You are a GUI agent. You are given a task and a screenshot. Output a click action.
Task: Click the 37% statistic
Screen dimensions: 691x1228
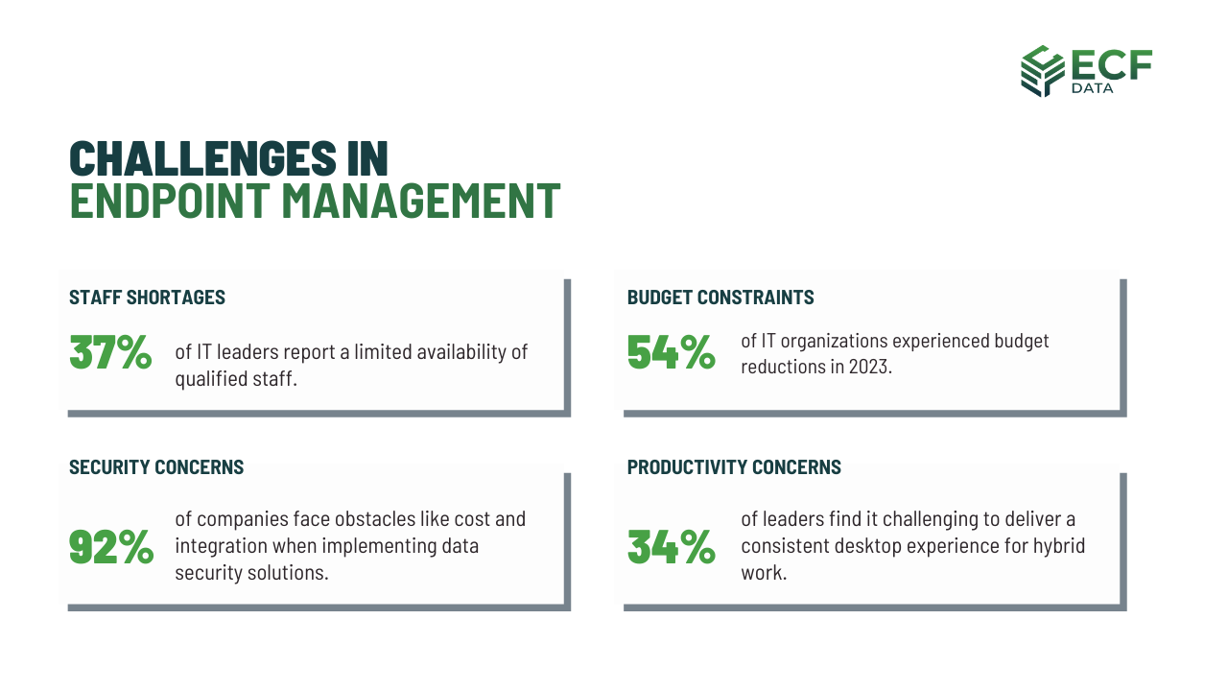pyautogui.click(x=110, y=352)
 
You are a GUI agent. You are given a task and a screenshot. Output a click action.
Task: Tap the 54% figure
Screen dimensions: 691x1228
pyautogui.click(x=671, y=352)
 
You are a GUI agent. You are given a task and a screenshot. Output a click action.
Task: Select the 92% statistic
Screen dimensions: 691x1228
pyautogui.click(x=111, y=546)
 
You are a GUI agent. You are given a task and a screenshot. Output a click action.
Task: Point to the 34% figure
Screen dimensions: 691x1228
pyautogui.click(x=671, y=546)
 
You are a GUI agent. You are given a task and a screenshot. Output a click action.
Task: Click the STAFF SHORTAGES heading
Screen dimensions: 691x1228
pyautogui.click(x=147, y=298)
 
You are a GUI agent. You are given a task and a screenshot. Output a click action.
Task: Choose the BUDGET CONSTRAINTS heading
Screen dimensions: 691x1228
pyautogui.click(x=720, y=298)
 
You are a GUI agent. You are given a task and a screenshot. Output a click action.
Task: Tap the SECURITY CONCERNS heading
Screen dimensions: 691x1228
pyautogui.click(x=156, y=467)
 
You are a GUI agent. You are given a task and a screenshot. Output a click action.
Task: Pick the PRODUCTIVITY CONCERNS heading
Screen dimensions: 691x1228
pyautogui.click(x=734, y=467)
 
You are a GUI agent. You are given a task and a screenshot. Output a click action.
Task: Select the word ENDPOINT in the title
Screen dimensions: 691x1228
pyautogui.click(x=171, y=201)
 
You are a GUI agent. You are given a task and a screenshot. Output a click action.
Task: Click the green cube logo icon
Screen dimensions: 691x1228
pyautogui.click(x=1042, y=70)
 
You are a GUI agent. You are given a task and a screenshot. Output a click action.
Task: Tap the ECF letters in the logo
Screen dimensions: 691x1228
pyautogui.click(x=1111, y=63)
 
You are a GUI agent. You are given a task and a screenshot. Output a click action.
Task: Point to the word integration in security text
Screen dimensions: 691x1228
pyautogui.click(x=220, y=546)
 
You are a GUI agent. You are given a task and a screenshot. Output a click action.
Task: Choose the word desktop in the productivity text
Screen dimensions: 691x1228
pyautogui.click(x=862, y=546)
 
